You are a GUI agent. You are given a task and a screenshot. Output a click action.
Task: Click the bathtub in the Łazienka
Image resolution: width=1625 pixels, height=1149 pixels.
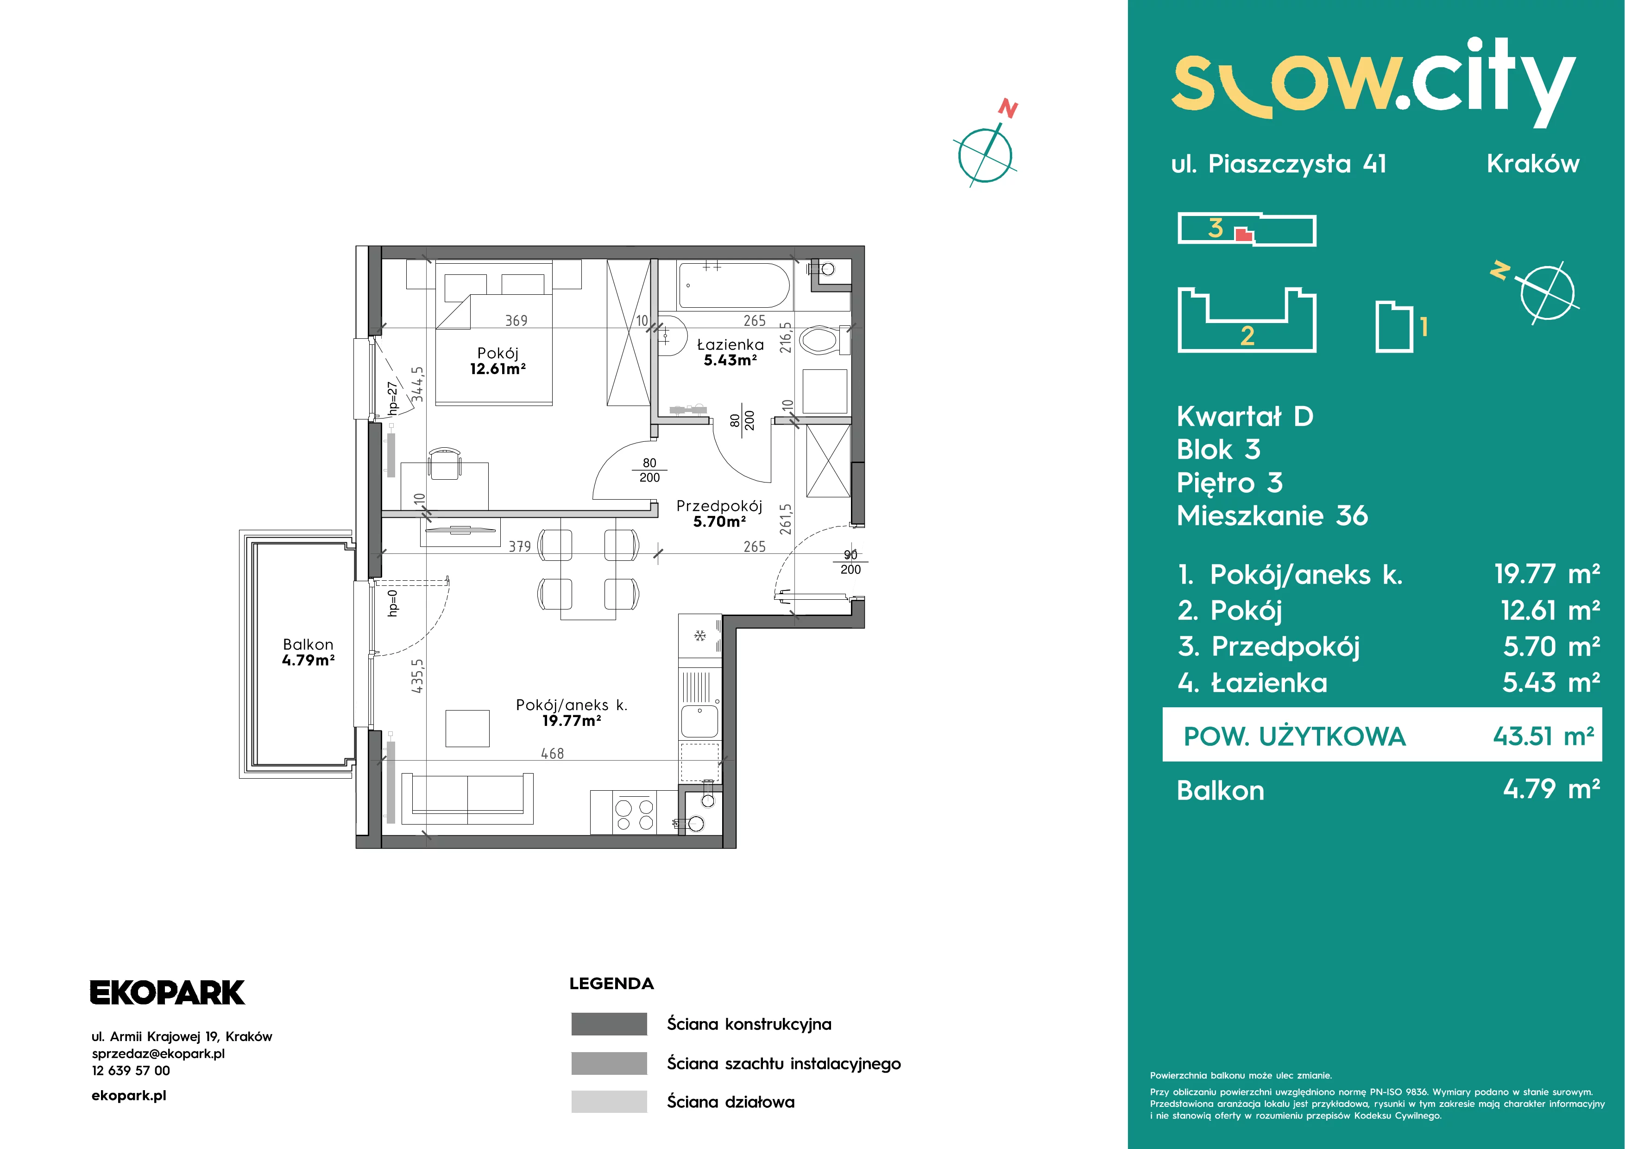[733, 286]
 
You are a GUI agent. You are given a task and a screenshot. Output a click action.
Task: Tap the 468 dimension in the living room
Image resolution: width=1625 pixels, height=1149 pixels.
[552, 753]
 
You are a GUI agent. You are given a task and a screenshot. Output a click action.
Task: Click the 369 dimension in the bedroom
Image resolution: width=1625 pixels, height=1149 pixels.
[516, 321]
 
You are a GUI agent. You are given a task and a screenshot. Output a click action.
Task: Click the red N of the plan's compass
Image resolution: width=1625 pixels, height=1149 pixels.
[1008, 109]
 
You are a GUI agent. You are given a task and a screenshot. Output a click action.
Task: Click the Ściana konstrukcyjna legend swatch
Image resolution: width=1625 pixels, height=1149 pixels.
[609, 1024]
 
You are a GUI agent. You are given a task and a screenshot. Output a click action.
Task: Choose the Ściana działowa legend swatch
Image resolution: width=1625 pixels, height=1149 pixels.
[609, 1102]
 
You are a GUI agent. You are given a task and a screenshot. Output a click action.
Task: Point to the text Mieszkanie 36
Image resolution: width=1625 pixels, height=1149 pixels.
[1272, 515]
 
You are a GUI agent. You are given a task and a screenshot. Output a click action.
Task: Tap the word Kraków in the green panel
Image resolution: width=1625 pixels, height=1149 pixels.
[1532, 164]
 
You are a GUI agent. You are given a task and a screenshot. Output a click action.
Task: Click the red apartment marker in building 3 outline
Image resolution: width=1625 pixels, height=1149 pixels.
[1243, 235]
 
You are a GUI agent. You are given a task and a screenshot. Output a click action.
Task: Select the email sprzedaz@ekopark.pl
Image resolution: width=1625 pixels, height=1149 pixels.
[158, 1054]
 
